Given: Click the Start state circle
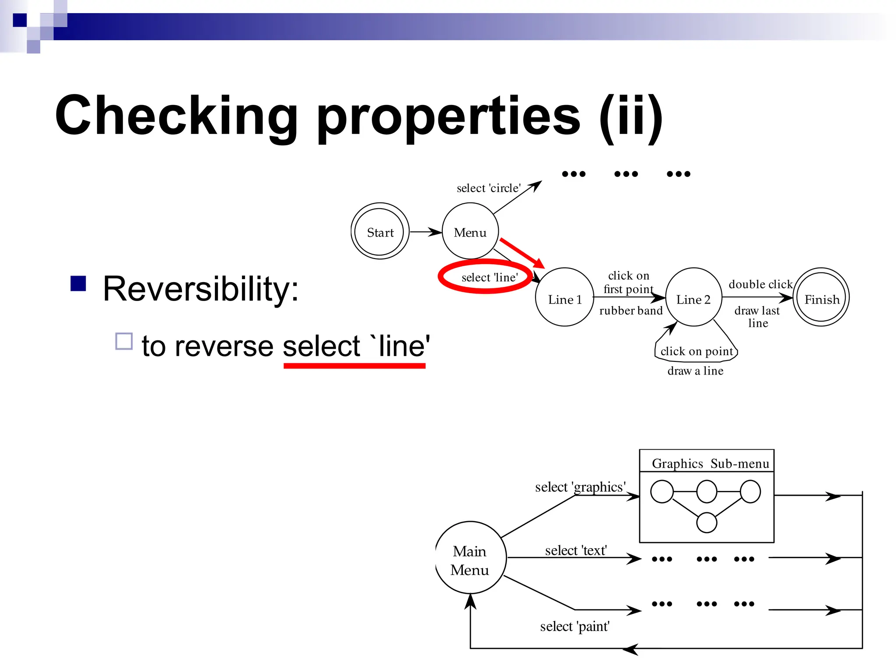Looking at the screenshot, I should point(380,231).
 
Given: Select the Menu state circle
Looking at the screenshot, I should point(470,231).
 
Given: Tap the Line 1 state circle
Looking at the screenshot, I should point(564,297).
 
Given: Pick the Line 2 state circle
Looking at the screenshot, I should point(693,297).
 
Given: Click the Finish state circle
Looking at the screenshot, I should point(821,297).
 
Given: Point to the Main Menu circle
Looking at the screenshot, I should point(470,558).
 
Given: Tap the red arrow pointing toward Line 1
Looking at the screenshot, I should point(522,253).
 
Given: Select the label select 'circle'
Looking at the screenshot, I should point(489,188).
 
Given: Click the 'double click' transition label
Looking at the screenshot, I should point(760,284).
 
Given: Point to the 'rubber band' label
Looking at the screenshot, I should point(631,311).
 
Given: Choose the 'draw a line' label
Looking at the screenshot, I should point(695,371).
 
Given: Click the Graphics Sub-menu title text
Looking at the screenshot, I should point(710,464).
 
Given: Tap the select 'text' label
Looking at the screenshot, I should point(576,550).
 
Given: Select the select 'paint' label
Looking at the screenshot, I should point(575,626).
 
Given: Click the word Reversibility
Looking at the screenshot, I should point(201,289).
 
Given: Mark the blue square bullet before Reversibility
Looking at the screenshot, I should point(78,283).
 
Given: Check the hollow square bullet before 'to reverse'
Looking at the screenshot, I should point(124,341).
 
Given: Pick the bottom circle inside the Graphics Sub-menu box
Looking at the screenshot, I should point(707,522).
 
